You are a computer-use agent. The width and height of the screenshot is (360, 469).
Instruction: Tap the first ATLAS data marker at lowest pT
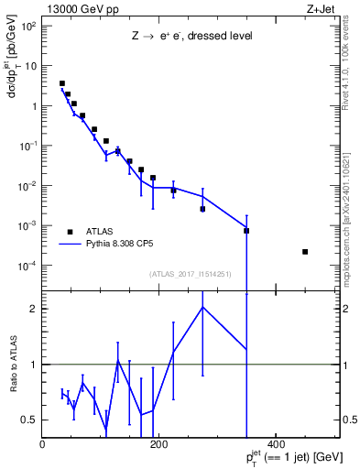tap(61, 83)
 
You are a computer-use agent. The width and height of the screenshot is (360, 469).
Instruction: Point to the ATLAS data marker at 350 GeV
tap(246, 231)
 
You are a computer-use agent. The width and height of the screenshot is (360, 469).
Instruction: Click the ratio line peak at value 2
tap(202, 307)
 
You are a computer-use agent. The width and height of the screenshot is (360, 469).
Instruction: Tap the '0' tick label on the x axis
tap(43, 445)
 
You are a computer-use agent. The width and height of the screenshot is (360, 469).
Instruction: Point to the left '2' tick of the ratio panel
tap(34, 309)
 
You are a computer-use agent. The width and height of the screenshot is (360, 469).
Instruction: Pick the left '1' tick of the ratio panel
tap(34, 365)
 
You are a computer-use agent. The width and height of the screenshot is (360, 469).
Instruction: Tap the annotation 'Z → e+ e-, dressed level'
tap(191, 38)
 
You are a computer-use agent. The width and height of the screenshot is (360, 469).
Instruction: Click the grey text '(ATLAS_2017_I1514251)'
tap(191, 274)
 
